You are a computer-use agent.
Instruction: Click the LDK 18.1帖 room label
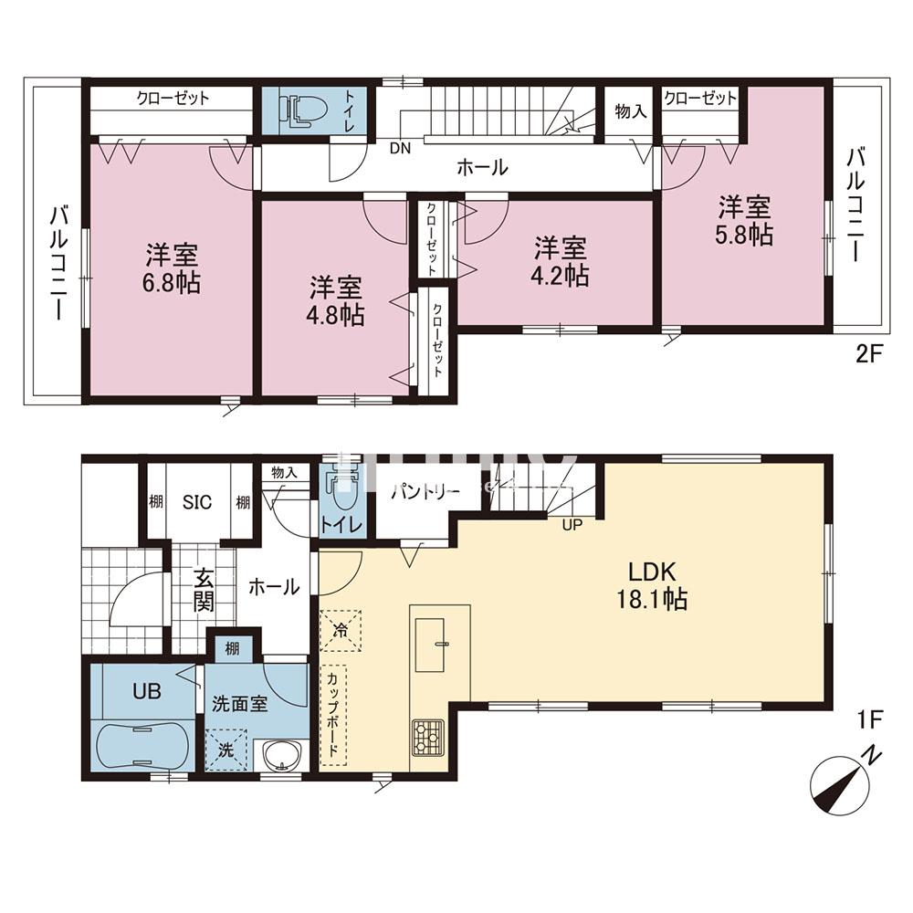(650, 585)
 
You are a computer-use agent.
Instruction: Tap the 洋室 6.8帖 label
(171, 268)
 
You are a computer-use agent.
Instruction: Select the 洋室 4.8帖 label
(336, 301)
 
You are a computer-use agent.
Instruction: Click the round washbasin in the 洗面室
(280, 755)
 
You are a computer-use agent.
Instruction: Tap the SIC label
(196, 501)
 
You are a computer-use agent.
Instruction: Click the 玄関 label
(203, 589)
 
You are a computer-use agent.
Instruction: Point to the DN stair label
(399, 147)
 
